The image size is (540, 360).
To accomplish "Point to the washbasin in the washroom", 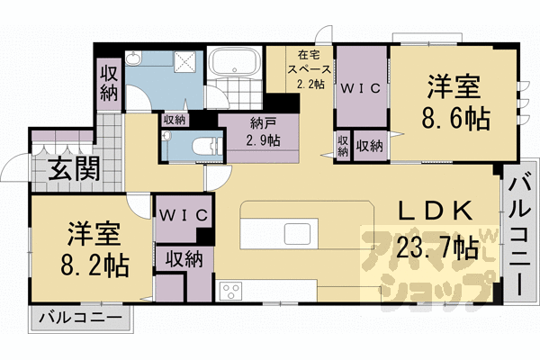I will pos(134,59).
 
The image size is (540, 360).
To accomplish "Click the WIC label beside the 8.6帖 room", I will pos(360,88).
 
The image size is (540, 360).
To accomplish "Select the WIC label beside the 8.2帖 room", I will pos(184,215).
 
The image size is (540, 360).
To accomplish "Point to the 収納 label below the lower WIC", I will pos(183,259).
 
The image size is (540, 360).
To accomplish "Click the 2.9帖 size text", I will pos(263,140).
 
